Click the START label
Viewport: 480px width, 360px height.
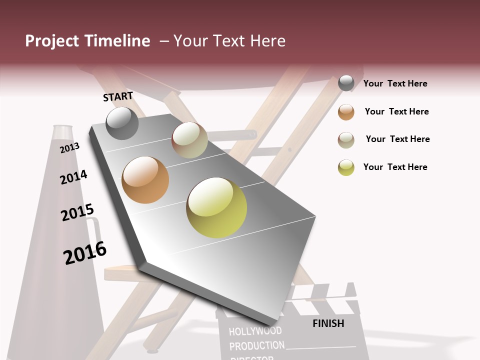click(x=118, y=96)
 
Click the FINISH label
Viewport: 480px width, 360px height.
click(x=328, y=323)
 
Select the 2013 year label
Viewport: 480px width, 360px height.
click(x=69, y=147)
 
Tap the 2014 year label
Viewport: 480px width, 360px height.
click(x=73, y=177)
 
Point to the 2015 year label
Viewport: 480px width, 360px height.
click(x=77, y=212)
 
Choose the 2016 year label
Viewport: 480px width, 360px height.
click(x=85, y=253)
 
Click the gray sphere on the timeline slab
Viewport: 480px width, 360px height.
click(x=122, y=123)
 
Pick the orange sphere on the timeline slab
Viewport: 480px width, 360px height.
click(x=145, y=180)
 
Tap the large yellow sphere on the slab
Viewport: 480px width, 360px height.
click(x=216, y=207)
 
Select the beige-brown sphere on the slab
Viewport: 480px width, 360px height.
click(x=189, y=140)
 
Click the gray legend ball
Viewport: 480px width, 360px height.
click(x=346, y=83)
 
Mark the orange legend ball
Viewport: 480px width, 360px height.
click(x=346, y=112)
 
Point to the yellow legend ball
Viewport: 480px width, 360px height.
click(x=346, y=167)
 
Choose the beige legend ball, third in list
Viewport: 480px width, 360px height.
click(x=346, y=140)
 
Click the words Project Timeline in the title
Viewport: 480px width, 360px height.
click(x=87, y=41)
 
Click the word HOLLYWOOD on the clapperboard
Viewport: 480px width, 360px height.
click(x=255, y=331)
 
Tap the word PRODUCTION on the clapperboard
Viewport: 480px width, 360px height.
click(x=256, y=346)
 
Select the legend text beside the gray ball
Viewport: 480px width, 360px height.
click(x=395, y=83)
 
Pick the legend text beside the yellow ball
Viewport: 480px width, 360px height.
click(x=395, y=167)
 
